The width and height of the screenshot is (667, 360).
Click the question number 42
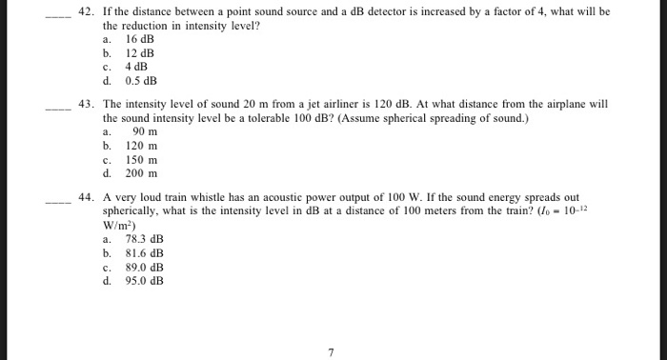pos(86,12)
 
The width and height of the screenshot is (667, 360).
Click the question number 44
pos(86,198)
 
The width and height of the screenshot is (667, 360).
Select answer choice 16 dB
pos(139,39)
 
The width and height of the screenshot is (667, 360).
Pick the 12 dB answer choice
pos(139,53)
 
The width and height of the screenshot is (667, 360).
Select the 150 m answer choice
pos(141,160)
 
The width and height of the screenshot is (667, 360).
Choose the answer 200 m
pos(141,173)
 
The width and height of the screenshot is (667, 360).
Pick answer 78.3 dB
pos(145,239)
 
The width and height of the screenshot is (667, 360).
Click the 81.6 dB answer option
pos(145,253)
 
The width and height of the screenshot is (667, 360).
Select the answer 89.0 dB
pos(145,268)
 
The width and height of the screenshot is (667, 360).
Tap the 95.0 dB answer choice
pos(145,281)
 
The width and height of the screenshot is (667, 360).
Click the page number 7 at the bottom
pos(331,351)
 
